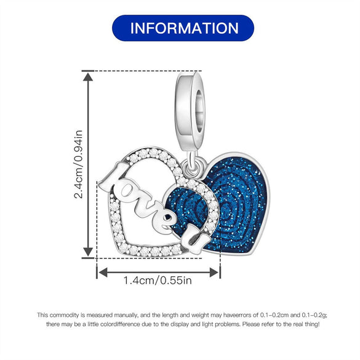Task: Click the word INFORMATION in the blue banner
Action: pos(185,28)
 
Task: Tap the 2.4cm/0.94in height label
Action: pos(78,164)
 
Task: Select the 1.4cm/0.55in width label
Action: pos(158,281)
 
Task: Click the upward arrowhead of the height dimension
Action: pos(88,77)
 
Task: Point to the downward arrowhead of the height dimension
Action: pos(88,252)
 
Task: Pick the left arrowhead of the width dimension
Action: pos(102,272)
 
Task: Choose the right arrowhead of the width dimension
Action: pos(214,272)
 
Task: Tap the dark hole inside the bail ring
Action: pos(199,111)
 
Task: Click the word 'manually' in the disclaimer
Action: pos(126,315)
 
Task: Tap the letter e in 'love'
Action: pos(164,222)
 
